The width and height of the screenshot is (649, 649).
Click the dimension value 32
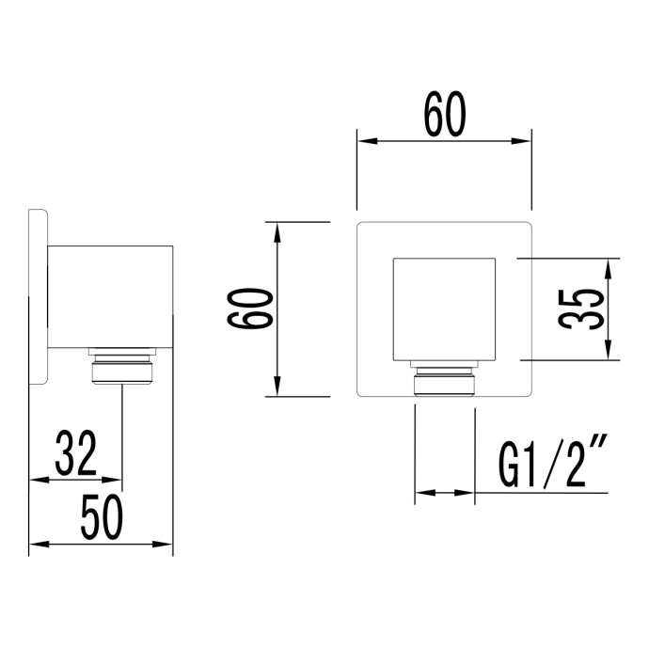(x=74, y=453)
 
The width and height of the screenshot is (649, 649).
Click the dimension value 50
(x=102, y=518)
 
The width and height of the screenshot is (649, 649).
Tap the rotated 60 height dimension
(x=252, y=309)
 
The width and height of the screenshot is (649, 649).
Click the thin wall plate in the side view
(x=38, y=297)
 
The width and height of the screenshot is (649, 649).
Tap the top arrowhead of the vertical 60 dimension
(x=277, y=230)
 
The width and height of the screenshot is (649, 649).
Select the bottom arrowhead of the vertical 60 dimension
(x=277, y=388)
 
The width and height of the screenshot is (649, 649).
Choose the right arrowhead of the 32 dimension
(x=116, y=480)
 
